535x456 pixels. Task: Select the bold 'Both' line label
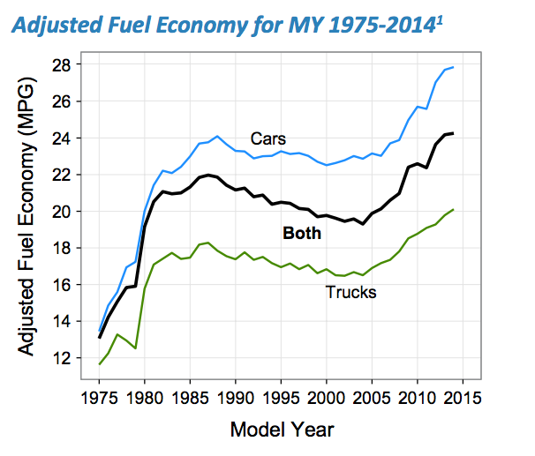pos(300,234)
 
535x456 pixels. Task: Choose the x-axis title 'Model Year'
pos(282,430)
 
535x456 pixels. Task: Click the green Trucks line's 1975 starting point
pos(100,364)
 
